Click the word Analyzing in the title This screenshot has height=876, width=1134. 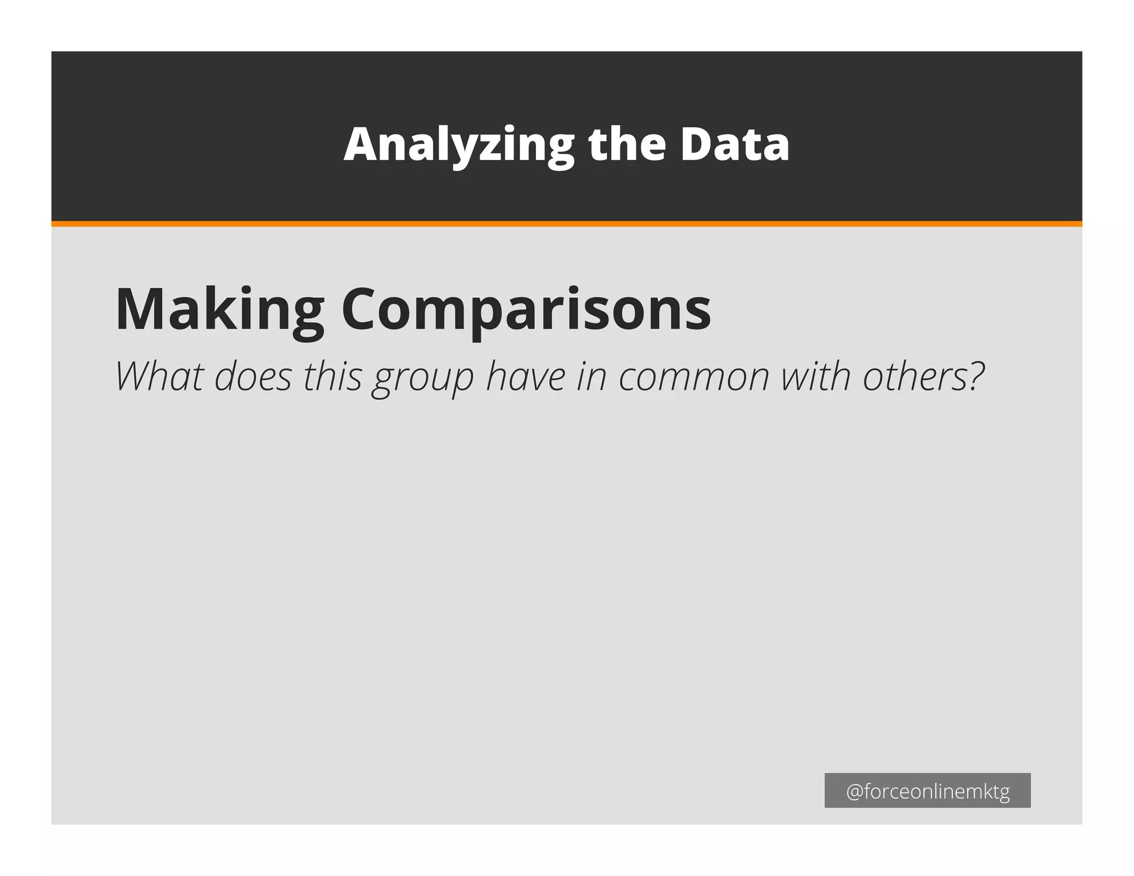tap(458, 145)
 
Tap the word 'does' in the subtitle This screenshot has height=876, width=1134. tap(252, 377)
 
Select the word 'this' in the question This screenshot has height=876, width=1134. tap(332, 377)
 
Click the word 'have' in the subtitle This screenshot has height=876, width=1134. tap(525, 377)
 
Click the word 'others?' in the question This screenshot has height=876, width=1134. tap(923, 377)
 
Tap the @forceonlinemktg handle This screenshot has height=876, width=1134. tap(927, 791)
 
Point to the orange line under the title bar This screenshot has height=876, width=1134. tap(566, 224)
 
